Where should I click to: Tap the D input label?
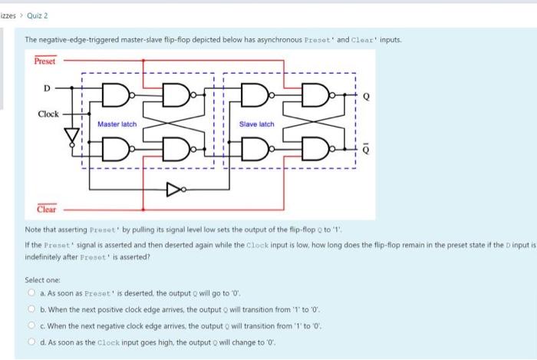[46, 88]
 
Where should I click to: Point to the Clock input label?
[48, 114]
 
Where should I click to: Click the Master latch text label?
[117, 124]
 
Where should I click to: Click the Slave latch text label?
[257, 124]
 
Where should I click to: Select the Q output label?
[366, 97]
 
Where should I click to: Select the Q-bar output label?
[366, 150]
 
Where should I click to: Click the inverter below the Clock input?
[74, 137]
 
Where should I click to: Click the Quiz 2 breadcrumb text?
[34, 13]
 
